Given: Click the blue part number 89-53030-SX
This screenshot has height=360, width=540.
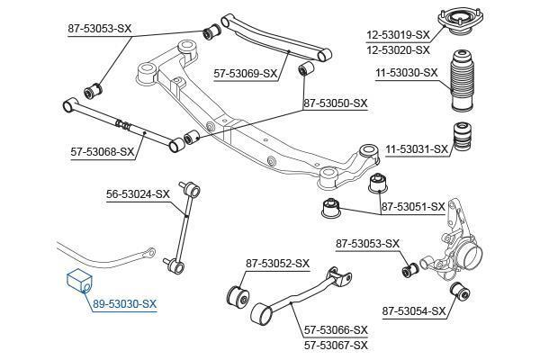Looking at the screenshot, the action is click(x=125, y=304).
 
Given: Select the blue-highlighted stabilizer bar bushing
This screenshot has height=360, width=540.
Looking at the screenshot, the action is click(x=79, y=281).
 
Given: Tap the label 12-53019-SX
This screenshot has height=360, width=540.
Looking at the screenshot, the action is click(x=398, y=35).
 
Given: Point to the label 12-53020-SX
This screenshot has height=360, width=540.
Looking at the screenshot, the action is click(x=398, y=50).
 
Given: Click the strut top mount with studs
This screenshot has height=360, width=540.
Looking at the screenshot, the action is click(x=461, y=22).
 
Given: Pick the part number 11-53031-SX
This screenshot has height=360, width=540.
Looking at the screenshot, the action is click(x=417, y=149).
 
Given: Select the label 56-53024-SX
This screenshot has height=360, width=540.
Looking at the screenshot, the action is click(x=138, y=194).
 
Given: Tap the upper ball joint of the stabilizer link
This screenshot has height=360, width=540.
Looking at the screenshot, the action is click(x=193, y=189).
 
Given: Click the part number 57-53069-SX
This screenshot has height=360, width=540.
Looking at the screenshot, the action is click(x=246, y=73).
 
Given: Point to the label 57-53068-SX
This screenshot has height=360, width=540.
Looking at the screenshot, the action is click(x=103, y=151).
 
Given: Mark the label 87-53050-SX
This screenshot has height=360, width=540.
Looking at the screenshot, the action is click(x=336, y=103).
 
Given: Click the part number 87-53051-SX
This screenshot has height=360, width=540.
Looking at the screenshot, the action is click(x=413, y=207).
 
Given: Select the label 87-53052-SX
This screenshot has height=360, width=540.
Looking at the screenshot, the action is click(x=277, y=264).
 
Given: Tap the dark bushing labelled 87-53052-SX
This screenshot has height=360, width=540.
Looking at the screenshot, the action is click(x=238, y=296).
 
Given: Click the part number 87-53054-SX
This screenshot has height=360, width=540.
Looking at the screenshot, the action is click(x=414, y=311).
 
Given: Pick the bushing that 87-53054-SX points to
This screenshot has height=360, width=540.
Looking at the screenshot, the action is click(x=461, y=291).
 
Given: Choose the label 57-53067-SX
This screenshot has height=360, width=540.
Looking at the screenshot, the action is click(x=336, y=346).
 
